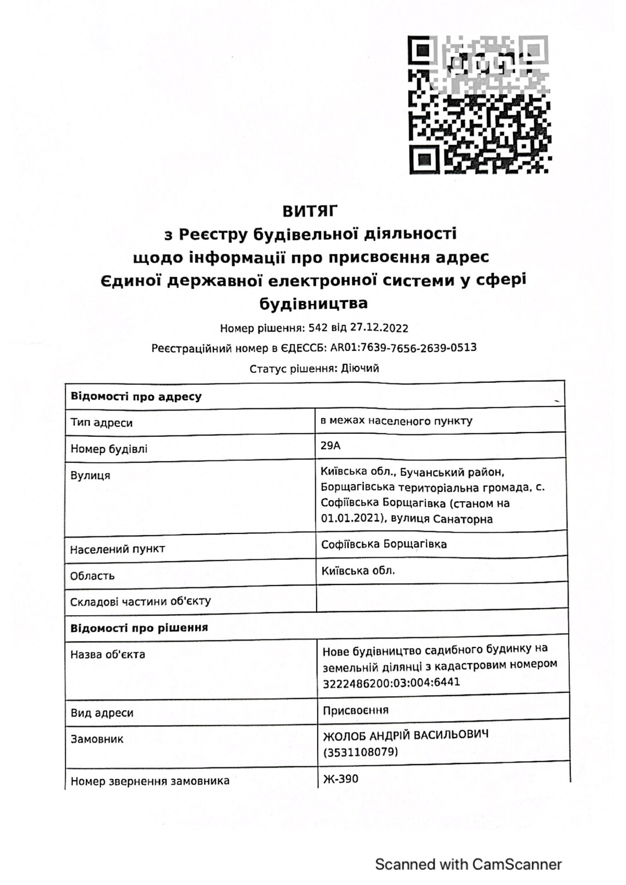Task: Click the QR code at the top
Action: point(479,105)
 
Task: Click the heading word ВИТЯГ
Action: point(310,210)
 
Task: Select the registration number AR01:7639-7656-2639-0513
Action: point(403,348)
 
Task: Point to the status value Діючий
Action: point(360,368)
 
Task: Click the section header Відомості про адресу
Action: point(136,397)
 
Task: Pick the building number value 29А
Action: point(331,445)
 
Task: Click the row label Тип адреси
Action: point(101,423)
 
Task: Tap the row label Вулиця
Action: point(90,476)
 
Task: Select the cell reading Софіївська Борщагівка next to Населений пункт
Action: point(384,544)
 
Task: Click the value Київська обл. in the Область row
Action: point(358,571)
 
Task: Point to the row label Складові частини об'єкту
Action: point(140,601)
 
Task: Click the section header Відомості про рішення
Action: point(139,628)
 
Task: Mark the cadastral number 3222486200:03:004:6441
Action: point(391,682)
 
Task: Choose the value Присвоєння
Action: point(355,710)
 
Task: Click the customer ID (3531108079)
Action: point(361,752)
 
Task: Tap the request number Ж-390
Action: point(340,779)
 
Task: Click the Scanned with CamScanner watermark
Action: point(468,864)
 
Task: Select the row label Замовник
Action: point(97,739)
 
